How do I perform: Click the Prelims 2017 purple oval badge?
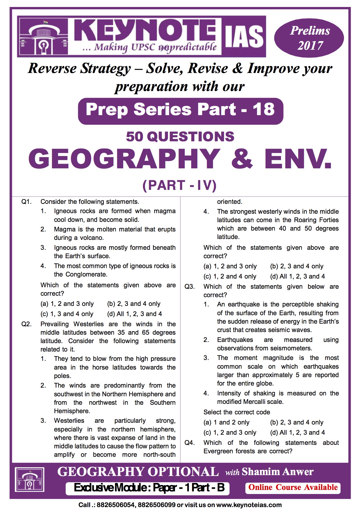[309, 38]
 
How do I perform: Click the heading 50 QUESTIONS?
[180, 137]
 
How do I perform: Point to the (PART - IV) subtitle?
[180, 186]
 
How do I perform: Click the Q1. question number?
[26, 202]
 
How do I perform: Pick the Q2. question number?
[26, 324]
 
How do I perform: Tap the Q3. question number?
[189, 287]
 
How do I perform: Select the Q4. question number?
[189, 443]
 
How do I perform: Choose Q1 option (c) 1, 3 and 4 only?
[67, 314]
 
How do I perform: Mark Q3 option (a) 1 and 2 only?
[227, 422]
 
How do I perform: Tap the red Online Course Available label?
[293, 487]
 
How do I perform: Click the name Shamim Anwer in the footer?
[277, 472]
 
